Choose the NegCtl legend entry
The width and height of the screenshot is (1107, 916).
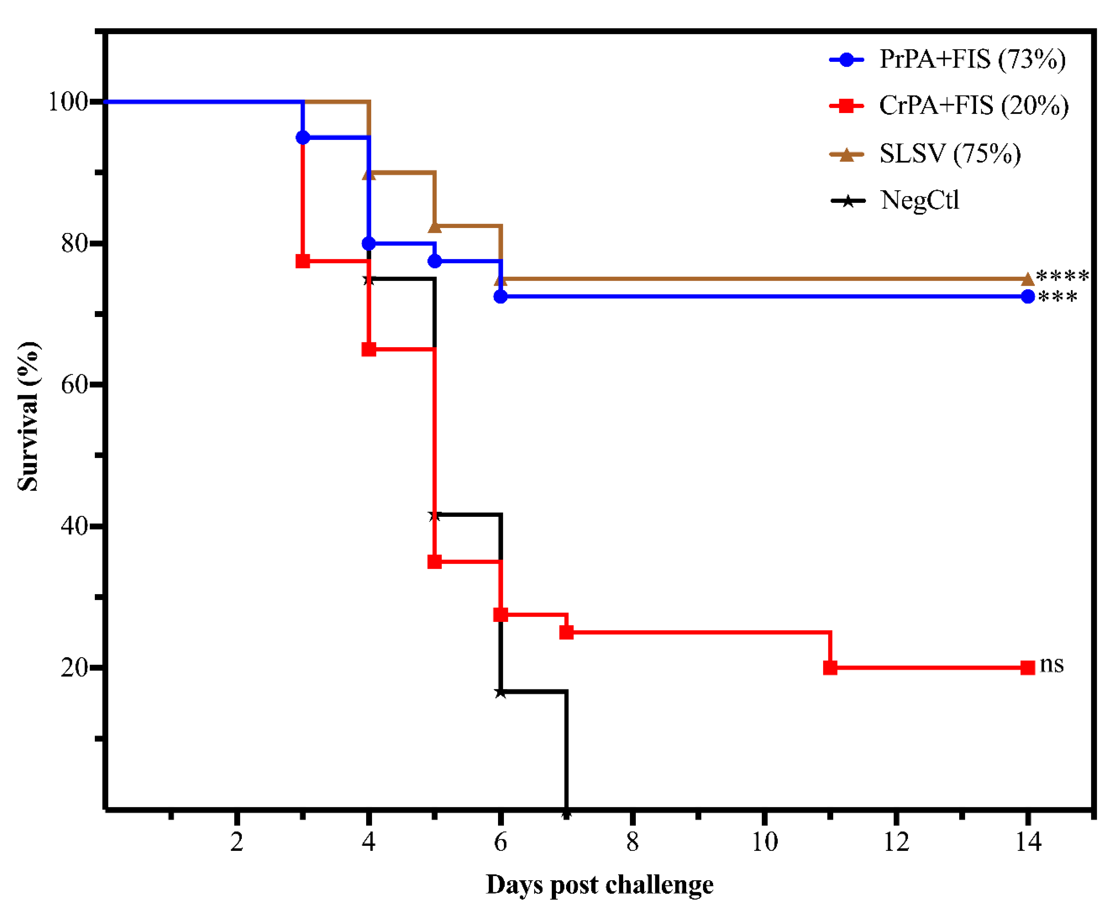point(920,200)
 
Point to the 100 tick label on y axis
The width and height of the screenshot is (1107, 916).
point(67,102)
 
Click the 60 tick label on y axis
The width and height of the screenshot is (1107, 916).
point(74,385)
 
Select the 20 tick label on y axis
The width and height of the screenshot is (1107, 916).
point(74,668)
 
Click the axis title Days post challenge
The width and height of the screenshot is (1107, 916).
point(599,885)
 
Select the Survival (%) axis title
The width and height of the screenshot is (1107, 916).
point(27,416)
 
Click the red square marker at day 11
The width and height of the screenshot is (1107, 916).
point(830,668)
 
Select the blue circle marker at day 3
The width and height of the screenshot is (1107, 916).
point(302,137)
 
